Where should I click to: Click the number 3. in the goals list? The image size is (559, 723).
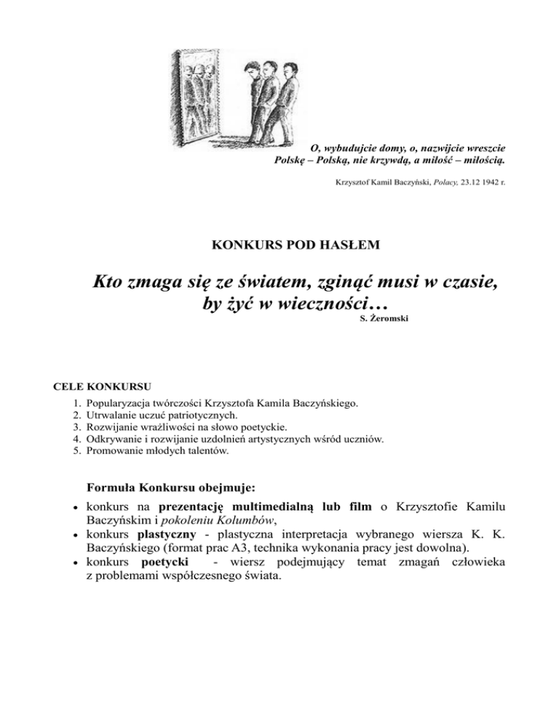coord(78,427)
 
